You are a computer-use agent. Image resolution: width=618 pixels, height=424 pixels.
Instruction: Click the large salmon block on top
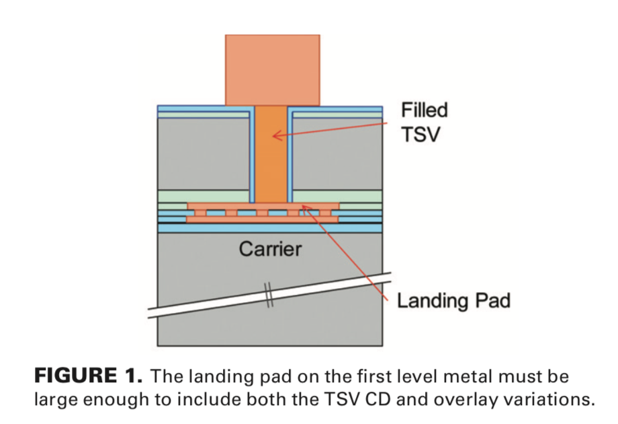[272, 69]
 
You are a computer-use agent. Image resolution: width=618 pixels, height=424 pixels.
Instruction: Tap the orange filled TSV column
[272, 162]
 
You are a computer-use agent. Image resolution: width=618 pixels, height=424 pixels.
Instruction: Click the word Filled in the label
[424, 110]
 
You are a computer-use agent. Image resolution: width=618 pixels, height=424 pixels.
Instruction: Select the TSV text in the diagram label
[421, 134]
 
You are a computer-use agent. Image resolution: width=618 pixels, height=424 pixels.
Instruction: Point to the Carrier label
[270, 249]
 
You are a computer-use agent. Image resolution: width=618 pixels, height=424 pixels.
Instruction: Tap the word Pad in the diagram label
[493, 300]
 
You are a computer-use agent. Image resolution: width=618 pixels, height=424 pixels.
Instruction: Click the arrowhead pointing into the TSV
[275, 135]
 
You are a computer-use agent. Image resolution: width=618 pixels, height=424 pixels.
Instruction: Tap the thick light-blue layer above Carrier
[269, 228]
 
